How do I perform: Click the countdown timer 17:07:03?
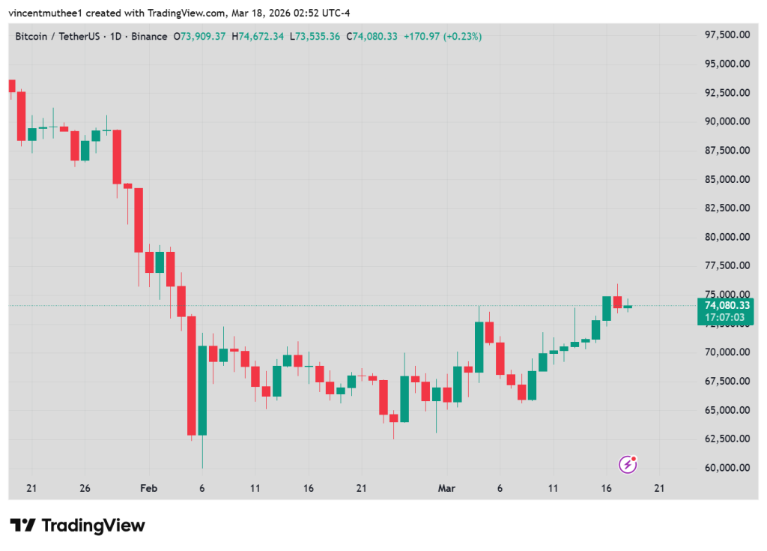pyautogui.click(x=725, y=317)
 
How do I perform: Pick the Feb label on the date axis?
pyautogui.click(x=148, y=488)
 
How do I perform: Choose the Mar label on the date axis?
pyautogui.click(x=446, y=488)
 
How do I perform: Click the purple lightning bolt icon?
pyautogui.click(x=628, y=465)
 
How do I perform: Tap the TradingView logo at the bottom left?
pyautogui.click(x=78, y=525)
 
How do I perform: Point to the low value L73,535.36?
pyautogui.click(x=316, y=36)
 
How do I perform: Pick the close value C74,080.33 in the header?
pyautogui.click(x=374, y=36)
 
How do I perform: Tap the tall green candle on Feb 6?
pyautogui.click(x=202, y=390)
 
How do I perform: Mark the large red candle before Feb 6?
pyautogui.click(x=192, y=375)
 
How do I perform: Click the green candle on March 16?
pyautogui.click(x=607, y=308)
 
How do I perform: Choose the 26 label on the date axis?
pyautogui.click(x=85, y=488)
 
